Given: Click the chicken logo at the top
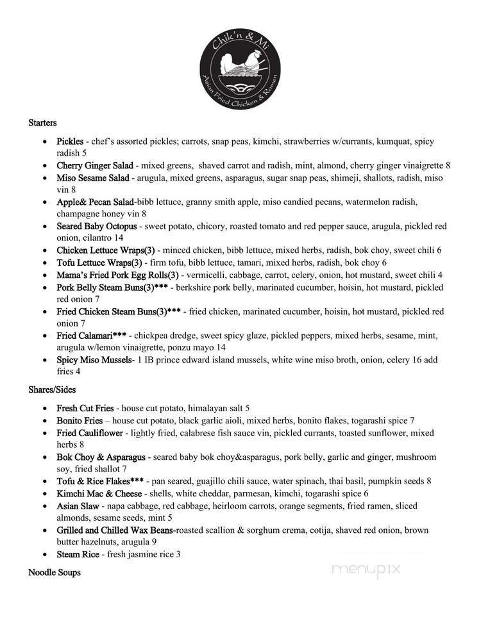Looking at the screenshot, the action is click(x=240, y=64).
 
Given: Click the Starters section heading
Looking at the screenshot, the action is click(x=42, y=122).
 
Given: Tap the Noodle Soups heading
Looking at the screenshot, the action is click(x=55, y=572).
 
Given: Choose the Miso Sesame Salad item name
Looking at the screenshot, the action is click(x=94, y=177).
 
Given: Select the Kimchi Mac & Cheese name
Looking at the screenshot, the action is click(x=100, y=494).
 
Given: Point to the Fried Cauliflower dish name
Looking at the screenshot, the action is click(x=90, y=433).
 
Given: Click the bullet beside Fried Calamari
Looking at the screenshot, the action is click(x=44, y=336).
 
